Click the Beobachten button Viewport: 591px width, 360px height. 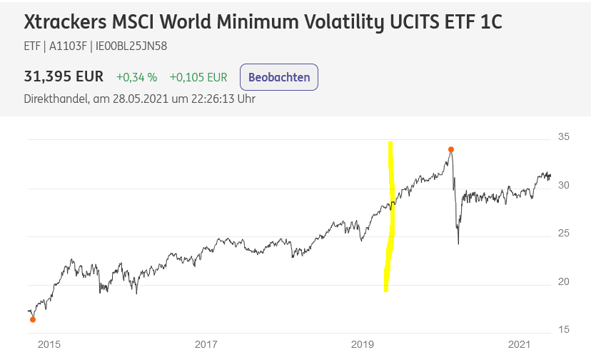click(279, 77)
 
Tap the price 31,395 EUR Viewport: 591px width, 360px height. click(64, 76)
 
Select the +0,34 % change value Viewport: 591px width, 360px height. click(136, 77)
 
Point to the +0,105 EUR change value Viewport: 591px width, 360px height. click(198, 77)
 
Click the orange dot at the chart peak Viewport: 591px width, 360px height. click(451, 149)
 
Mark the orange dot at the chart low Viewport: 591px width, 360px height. click(33, 319)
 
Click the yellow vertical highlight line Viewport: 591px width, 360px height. click(390, 216)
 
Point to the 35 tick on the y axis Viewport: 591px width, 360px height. click(563, 136)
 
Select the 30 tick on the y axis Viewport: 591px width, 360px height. click(563, 185)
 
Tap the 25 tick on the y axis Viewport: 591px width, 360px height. click(563, 233)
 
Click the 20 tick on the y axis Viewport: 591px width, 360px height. click(563, 282)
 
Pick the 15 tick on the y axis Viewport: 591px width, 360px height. click(563, 330)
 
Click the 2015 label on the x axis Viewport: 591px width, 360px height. click(49, 344)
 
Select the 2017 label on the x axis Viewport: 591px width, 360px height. click(206, 344)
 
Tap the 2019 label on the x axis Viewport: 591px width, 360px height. click(362, 344)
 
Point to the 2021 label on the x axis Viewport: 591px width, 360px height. click(519, 344)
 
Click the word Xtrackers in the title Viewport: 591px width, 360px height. click(65, 21)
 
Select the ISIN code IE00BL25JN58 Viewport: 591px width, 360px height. click(131, 46)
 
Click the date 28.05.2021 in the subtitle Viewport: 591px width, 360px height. click(140, 99)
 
